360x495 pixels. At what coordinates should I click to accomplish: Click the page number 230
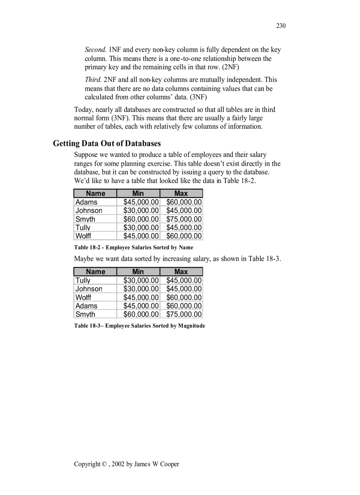281,26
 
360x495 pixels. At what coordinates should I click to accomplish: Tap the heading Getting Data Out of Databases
107,143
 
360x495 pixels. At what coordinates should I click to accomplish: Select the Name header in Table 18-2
95,193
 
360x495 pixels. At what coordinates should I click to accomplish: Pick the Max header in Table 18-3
181,272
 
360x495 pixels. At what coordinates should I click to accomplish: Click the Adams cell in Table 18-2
86,202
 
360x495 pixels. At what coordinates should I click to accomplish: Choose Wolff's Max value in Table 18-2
184,236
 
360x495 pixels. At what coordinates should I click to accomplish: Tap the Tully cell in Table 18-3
83,280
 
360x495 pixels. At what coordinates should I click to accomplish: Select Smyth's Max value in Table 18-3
184,314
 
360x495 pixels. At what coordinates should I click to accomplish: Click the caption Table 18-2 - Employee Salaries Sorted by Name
134,248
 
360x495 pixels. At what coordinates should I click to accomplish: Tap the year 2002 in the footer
118,464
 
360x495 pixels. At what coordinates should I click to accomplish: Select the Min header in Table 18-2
138,193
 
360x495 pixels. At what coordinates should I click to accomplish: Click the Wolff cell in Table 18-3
83,298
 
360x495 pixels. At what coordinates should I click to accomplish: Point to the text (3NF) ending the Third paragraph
198,97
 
